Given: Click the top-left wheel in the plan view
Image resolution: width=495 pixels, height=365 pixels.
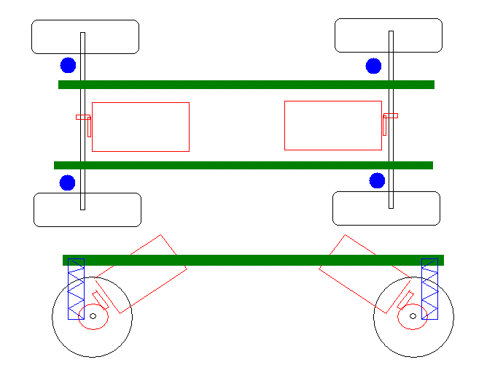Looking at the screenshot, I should (109, 36).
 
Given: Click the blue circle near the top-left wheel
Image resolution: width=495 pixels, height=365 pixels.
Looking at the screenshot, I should (68, 65).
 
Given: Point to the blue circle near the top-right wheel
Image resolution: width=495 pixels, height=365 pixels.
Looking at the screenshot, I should (373, 66).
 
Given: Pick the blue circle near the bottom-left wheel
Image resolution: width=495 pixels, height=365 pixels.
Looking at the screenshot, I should (67, 182).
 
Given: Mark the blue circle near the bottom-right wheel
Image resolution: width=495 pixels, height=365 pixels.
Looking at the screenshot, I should (377, 180).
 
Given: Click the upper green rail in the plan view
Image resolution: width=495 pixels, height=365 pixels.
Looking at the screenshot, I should (246, 85).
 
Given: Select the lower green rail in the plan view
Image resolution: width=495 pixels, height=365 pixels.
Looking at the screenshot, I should (243, 165).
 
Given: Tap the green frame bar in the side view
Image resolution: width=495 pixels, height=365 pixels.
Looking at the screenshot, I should (253, 260).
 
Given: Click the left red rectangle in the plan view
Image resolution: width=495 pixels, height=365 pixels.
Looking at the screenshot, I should (141, 127).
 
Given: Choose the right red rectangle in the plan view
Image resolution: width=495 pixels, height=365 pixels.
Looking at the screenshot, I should (333, 126).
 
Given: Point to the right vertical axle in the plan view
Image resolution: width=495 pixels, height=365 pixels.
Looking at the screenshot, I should (391, 88).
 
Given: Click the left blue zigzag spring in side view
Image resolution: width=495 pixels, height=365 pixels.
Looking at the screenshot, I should (76, 289).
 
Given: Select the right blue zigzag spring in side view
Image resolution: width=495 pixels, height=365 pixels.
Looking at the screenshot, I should (429, 289).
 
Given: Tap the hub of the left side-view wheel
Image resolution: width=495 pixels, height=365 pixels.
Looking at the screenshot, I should (93, 316).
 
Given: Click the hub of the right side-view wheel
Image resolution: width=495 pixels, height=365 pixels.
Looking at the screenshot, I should (413, 316).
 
